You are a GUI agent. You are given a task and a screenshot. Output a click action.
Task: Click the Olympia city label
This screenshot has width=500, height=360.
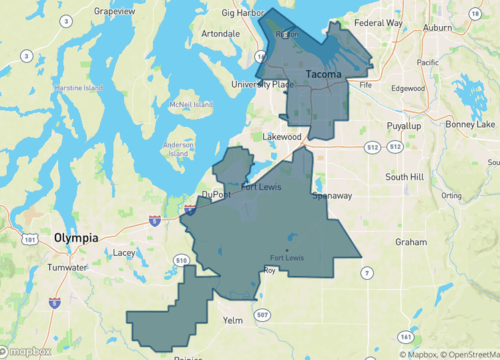pyautogui.click(x=76, y=238)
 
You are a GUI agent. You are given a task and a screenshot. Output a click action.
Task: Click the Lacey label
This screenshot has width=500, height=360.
pyautogui.click(x=124, y=253)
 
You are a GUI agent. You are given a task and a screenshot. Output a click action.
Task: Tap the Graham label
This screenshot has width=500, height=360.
pyautogui.click(x=410, y=241)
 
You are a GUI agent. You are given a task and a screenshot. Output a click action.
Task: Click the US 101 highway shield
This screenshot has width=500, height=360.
pyautogui.click(x=31, y=240)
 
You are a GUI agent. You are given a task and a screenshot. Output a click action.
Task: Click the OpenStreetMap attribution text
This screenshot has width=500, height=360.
pyautogui.click(x=464, y=354)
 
